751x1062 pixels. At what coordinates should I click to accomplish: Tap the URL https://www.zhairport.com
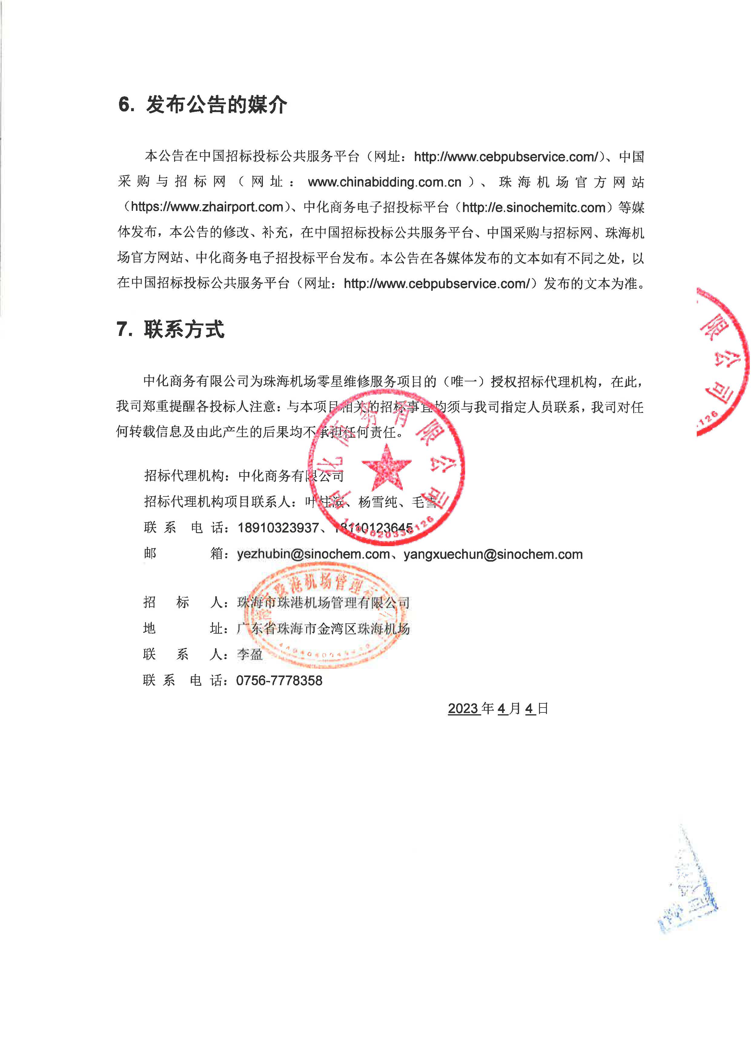point(207,207)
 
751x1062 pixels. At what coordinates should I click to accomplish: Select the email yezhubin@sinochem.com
point(313,554)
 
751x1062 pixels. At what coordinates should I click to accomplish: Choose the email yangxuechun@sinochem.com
point(493,554)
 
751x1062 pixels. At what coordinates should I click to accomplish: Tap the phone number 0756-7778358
point(279,680)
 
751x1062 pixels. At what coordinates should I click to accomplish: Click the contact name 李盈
point(250,655)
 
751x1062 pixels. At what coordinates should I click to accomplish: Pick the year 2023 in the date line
point(463,709)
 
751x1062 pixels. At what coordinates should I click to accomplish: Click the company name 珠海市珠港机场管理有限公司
point(323,603)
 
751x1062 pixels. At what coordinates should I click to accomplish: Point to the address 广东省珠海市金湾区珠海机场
point(323,629)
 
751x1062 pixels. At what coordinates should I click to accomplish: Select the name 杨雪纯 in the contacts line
point(378,502)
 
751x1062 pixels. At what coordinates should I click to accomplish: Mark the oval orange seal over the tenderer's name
point(324,615)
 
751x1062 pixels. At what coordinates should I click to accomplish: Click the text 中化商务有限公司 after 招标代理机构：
point(291,476)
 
